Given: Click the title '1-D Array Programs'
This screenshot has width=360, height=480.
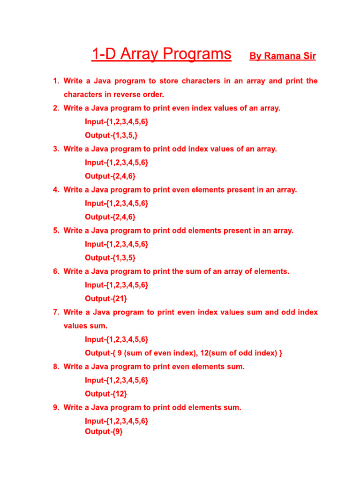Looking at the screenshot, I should [x=161, y=54].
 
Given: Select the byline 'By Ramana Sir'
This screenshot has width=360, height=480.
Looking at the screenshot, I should [x=282, y=56].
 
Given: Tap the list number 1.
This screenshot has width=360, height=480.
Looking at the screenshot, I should [x=55, y=81].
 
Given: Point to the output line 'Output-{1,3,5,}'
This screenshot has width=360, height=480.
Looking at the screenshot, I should [x=111, y=135].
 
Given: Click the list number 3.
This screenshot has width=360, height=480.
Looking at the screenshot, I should [x=55, y=149].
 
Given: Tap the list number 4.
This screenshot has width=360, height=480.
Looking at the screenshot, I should [x=55, y=190].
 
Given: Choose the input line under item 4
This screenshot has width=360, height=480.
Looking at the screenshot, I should [x=116, y=203].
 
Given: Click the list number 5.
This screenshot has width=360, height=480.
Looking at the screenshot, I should [x=55, y=231].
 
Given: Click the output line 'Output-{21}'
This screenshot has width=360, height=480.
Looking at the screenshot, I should [x=105, y=299].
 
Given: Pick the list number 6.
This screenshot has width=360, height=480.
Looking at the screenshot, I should [x=55, y=271].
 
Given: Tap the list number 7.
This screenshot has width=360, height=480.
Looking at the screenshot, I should [x=55, y=312].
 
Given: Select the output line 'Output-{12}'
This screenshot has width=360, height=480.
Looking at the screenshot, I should [x=105, y=394].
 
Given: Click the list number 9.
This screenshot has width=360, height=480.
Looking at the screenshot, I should [x=55, y=407].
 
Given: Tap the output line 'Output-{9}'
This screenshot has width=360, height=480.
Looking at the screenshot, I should [x=104, y=431].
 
